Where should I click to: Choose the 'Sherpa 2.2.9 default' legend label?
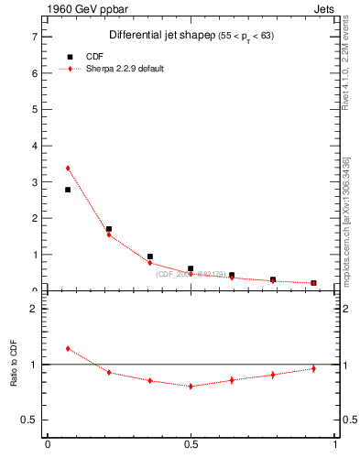click(x=125, y=69)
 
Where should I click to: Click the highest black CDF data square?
click(x=68, y=190)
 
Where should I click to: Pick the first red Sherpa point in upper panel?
click(x=68, y=169)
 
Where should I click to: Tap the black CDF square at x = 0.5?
click(x=191, y=269)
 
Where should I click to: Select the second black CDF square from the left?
click(x=109, y=229)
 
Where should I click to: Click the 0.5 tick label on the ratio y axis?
click(x=30, y=420)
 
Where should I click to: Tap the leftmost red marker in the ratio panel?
click(x=68, y=349)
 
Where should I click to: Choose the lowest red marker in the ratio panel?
click(x=191, y=387)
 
